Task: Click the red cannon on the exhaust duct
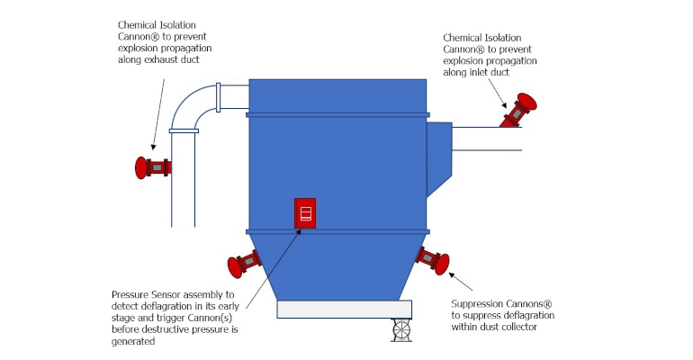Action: (x=153, y=167)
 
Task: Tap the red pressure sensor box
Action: (x=305, y=213)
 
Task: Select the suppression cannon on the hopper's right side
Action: (x=432, y=259)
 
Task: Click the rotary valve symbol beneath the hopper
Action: (x=401, y=330)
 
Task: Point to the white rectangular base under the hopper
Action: (x=344, y=309)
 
